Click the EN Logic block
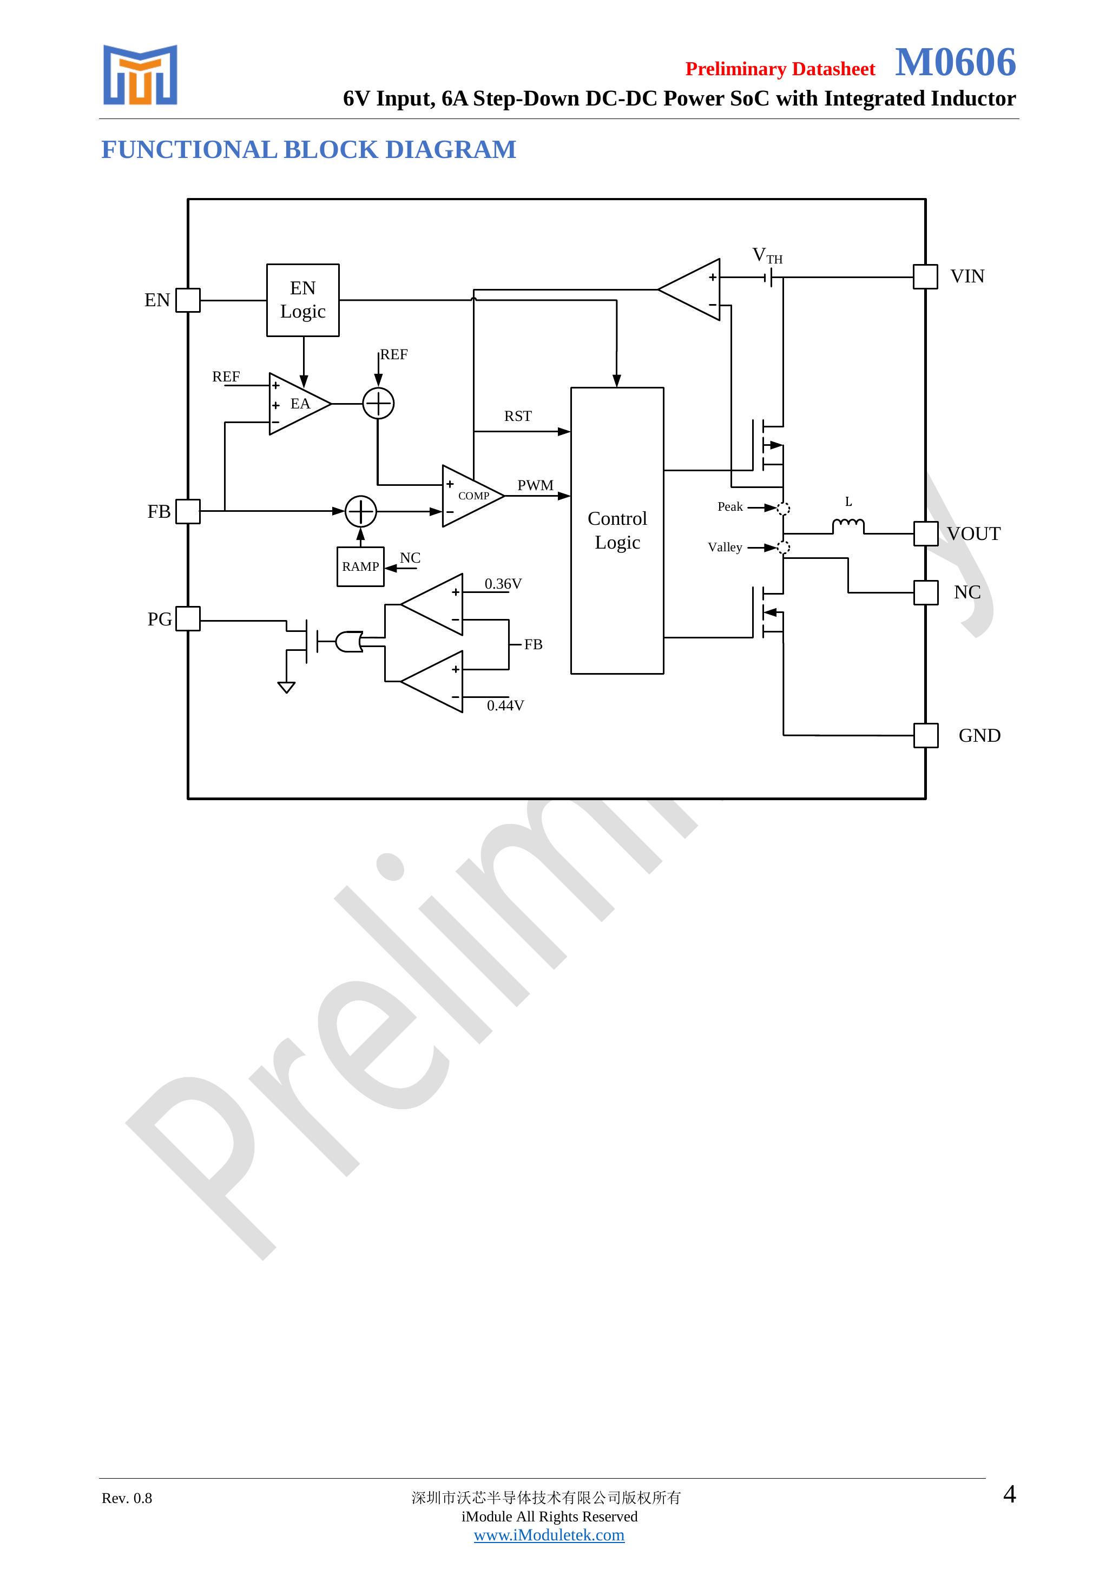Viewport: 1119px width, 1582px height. (302, 300)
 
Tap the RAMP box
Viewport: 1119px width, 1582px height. (360, 566)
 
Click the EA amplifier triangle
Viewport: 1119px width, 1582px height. (297, 404)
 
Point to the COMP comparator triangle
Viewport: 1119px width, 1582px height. (470, 496)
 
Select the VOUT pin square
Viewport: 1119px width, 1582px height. (925, 533)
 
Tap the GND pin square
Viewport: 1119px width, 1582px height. (925, 735)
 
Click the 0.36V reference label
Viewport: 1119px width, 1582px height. (503, 584)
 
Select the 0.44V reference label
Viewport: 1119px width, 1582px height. (505, 706)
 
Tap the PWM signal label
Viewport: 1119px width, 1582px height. (535, 486)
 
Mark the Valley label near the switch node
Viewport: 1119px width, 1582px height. (725, 547)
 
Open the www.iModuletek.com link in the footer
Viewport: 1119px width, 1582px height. (549, 1535)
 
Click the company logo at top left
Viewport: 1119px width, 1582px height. (141, 75)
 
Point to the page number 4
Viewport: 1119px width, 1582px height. (1010, 1494)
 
